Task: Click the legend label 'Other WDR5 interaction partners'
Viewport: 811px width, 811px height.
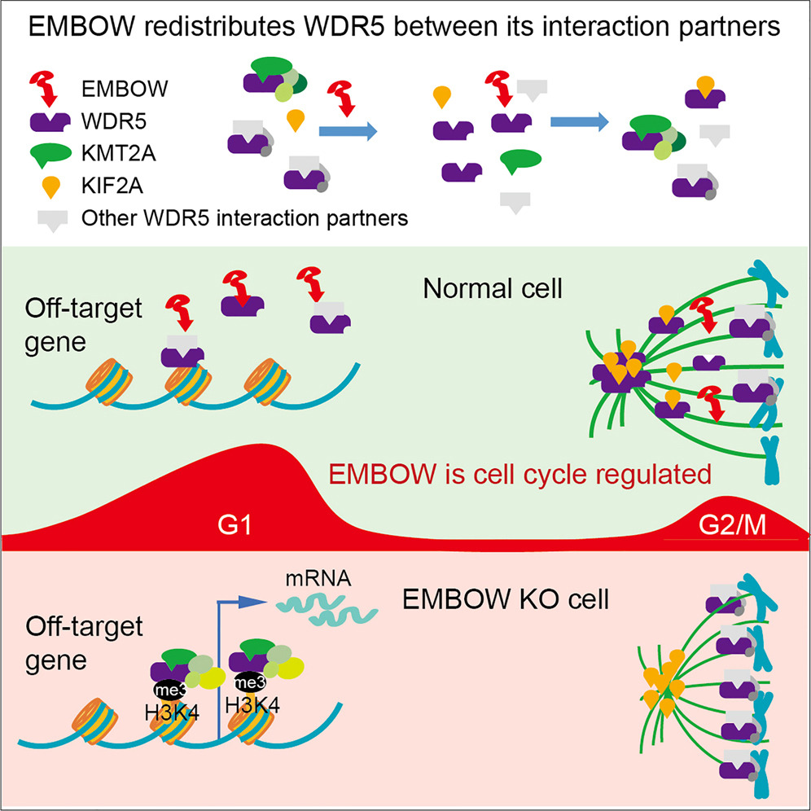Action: click(x=244, y=219)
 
